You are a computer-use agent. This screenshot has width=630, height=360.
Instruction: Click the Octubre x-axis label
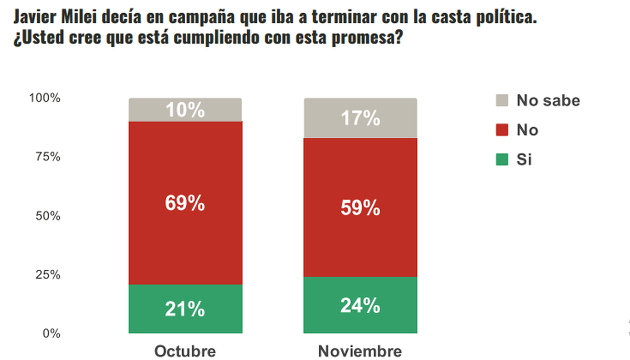pyautogui.click(x=185, y=351)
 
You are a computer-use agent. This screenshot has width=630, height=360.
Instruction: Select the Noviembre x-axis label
pyautogui.click(x=360, y=351)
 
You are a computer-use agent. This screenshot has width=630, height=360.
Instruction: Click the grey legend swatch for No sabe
pyautogui.click(x=502, y=100)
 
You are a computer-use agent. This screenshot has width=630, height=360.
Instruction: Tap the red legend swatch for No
pyautogui.click(x=502, y=130)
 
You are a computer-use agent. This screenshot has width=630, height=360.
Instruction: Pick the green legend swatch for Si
pyautogui.click(x=502, y=160)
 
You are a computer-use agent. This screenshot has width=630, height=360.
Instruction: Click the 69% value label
pyautogui.click(x=185, y=204)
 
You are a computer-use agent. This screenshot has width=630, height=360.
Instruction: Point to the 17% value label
pyautogui.click(x=360, y=119)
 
